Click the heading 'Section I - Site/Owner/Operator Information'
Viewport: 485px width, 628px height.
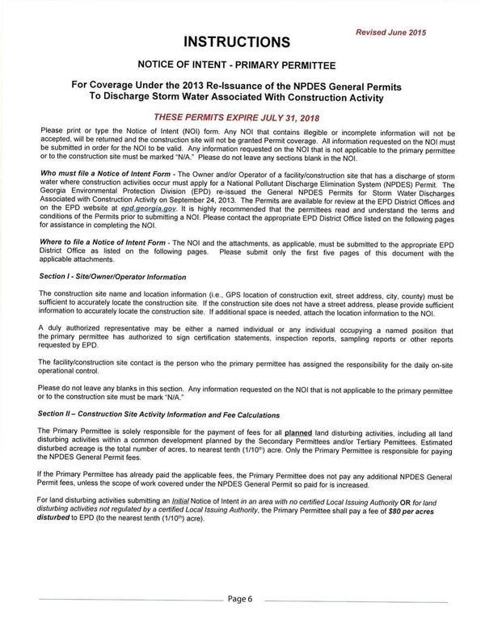pos(110,277)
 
